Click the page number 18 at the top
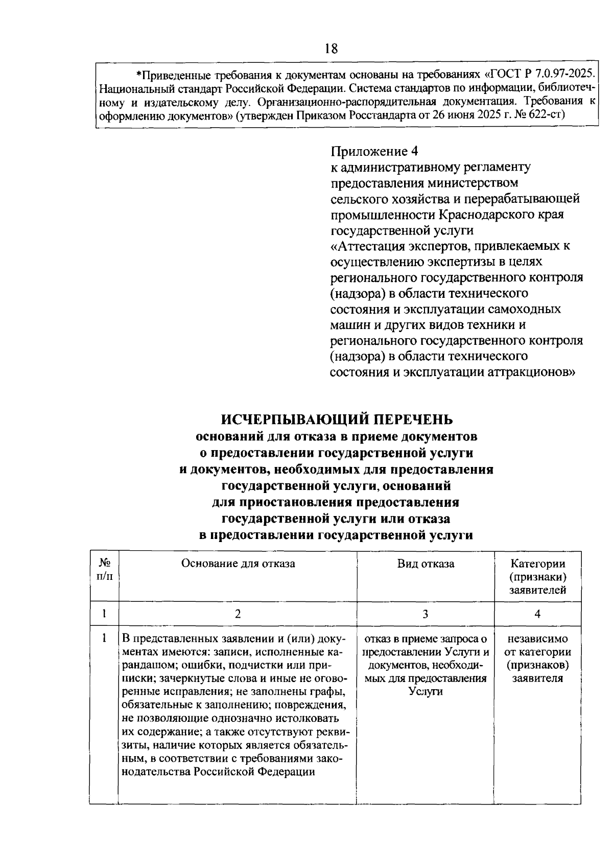(x=331, y=49)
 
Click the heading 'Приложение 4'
(x=374, y=151)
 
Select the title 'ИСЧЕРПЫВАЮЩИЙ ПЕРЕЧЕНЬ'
(x=337, y=419)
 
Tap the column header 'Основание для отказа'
(x=238, y=564)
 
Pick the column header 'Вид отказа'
(x=426, y=564)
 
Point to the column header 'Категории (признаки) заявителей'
(x=537, y=577)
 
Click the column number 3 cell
(x=425, y=614)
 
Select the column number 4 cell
(x=537, y=614)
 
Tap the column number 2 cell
(x=238, y=614)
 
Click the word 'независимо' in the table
(x=537, y=639)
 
